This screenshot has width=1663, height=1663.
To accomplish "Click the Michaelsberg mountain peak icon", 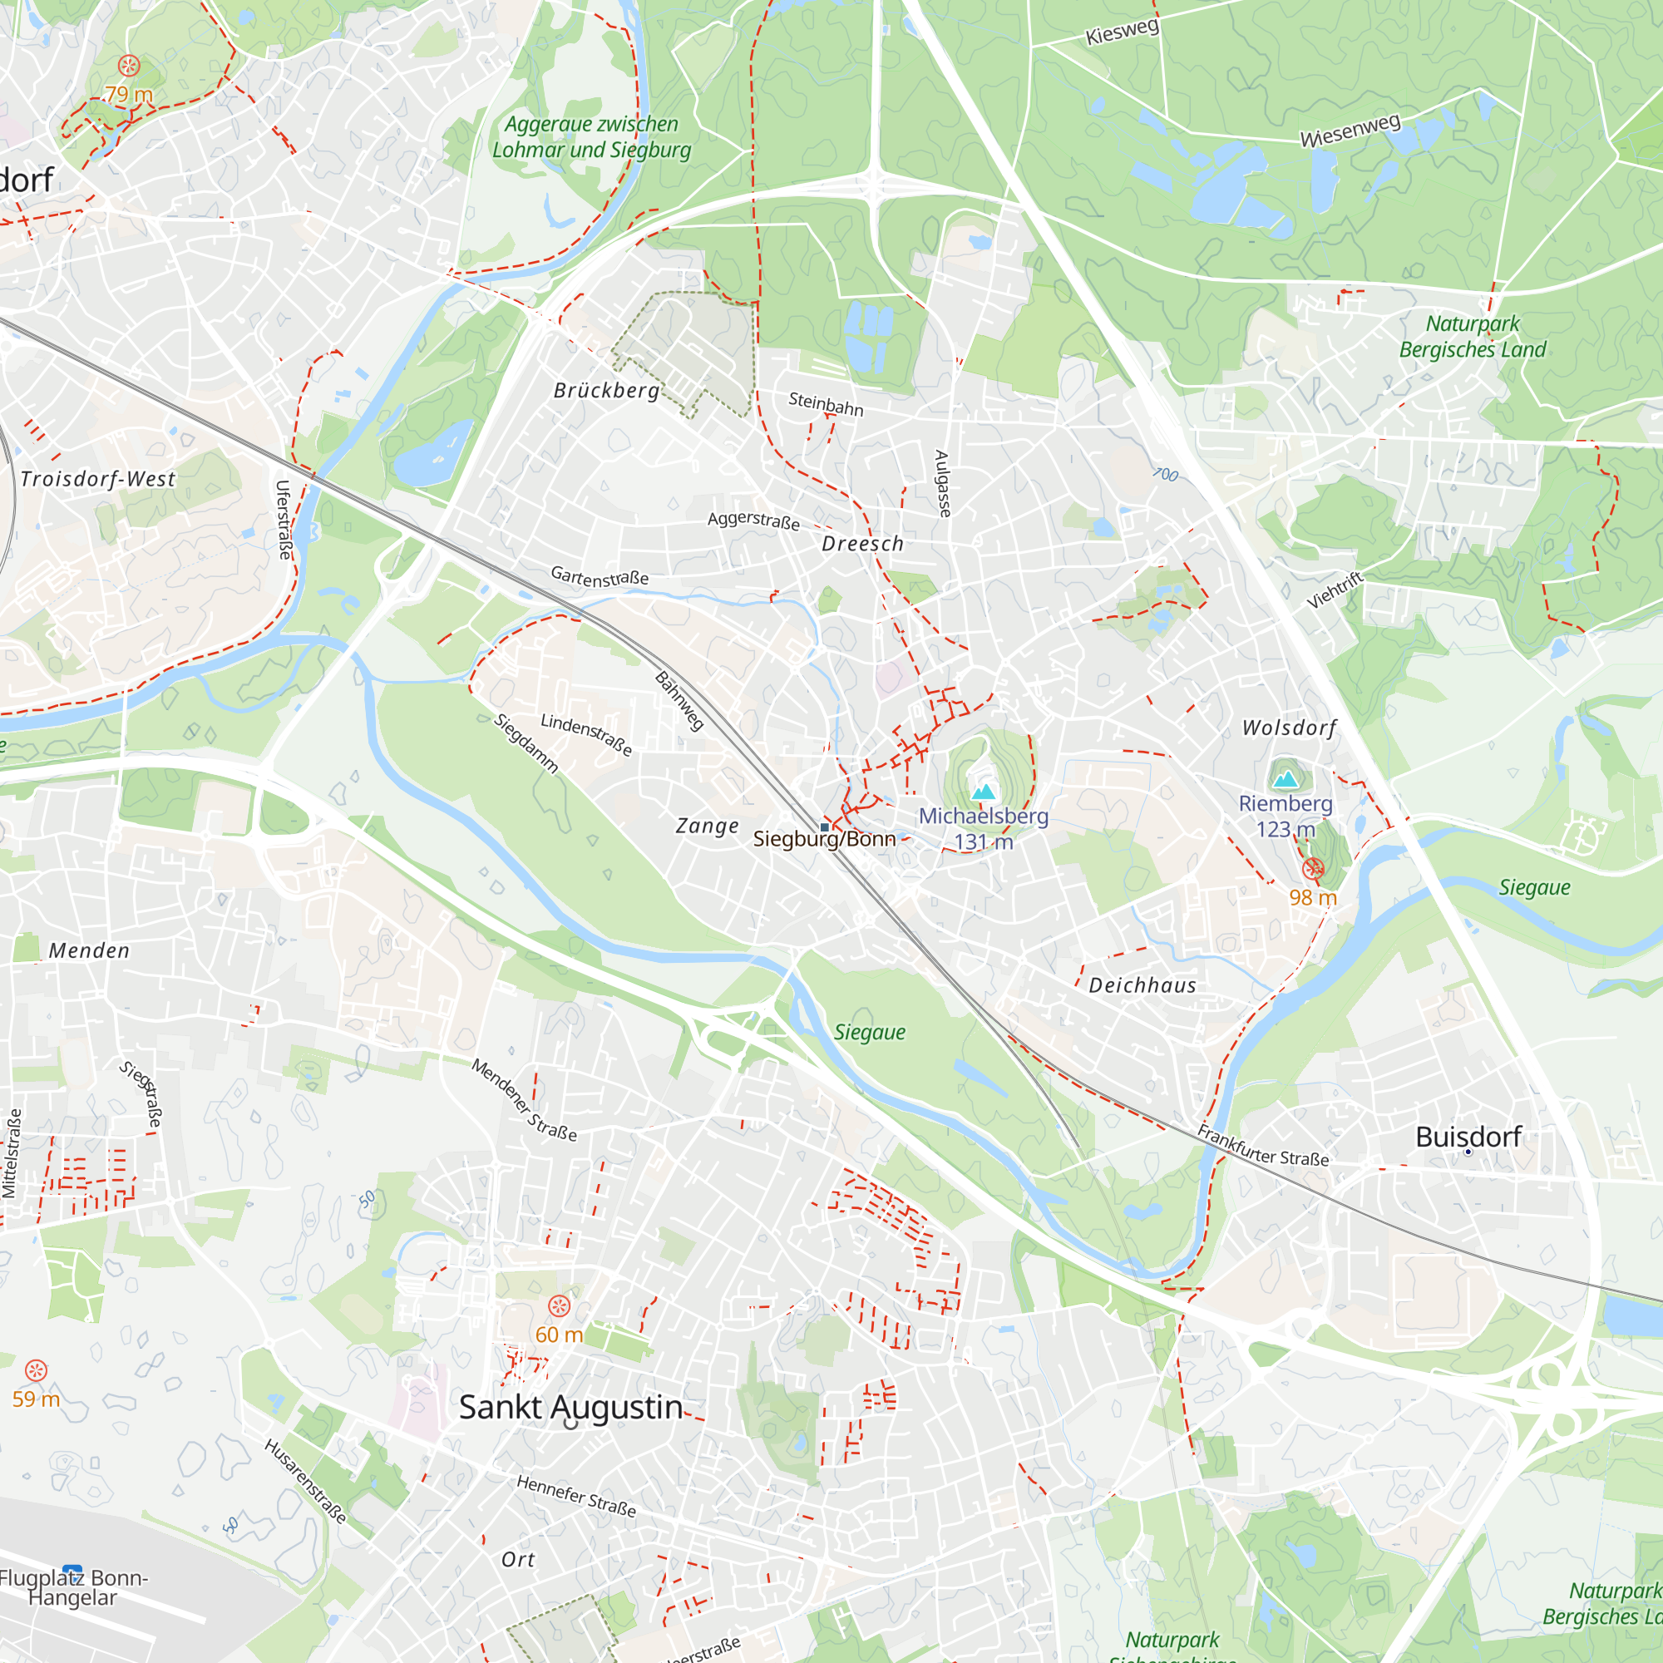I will pos(983,790).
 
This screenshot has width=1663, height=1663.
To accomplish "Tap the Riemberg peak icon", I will pos(1285,779).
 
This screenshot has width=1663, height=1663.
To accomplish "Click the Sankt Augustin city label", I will pos(570,1408).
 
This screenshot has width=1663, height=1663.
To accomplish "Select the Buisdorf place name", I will pos(1468,1137).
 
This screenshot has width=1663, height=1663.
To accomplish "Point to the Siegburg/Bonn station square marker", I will pos(825,827).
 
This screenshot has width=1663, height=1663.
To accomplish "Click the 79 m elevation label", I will pos(128,95).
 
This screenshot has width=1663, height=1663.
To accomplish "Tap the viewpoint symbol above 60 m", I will pos(559,1306).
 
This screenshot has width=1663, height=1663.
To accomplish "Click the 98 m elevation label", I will pos(1312,898).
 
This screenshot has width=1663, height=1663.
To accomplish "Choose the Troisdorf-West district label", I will pos(97,479).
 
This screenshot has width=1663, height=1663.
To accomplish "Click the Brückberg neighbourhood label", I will pos(606,391).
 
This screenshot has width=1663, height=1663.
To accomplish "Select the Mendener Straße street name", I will pos(523,1100).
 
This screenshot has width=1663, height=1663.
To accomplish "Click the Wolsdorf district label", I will pos(1289,728).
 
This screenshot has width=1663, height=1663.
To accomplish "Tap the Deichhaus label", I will pos(1142,985).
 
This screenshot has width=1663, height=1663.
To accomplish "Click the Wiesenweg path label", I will pos(1350,130).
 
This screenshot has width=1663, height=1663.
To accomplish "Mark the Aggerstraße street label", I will pos(753,520).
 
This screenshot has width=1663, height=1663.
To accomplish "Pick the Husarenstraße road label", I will pos(305,1482).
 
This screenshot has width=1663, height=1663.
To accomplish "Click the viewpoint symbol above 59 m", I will pos(35,1370).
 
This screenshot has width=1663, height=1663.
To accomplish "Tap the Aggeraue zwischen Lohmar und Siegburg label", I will pos(591,137).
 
